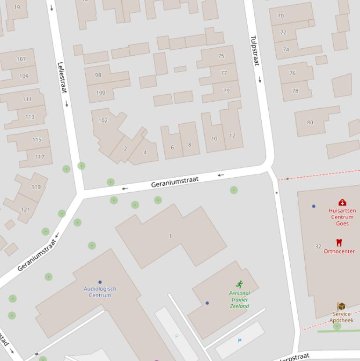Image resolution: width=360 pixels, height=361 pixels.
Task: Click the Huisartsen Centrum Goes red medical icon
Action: click(342, 203)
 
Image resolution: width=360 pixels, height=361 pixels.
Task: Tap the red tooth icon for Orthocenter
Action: click(339, 242)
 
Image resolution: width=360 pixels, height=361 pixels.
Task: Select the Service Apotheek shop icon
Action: click(341, 306)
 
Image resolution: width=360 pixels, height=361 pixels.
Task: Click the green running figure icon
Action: click(240, 284)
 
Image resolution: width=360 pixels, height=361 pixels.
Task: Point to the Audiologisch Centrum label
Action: click(100, 292)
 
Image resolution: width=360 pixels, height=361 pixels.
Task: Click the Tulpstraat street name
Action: click(255, 51)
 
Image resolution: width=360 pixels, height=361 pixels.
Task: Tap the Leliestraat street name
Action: click(61, 77)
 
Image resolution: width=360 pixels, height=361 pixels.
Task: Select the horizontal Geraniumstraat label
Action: click(175, 182)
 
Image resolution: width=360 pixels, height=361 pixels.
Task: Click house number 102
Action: click(103, 120)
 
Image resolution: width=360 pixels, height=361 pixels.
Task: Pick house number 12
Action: click(232, 135)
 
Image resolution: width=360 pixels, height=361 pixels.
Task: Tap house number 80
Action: click(310, 122)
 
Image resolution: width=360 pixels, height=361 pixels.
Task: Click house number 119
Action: click(36, 187)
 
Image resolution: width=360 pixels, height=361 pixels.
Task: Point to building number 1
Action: click(170, 236)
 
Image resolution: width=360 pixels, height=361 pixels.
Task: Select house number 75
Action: click(221, 56)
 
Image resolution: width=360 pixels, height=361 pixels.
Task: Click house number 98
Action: click(98, 75)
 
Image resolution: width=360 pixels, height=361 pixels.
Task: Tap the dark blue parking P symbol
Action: click(240, 341)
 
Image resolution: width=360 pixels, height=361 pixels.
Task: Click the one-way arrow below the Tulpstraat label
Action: click(260, 80)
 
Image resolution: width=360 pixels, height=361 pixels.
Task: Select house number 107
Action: click(21, 59)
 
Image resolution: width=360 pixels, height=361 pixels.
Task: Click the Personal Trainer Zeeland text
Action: click(239, 300)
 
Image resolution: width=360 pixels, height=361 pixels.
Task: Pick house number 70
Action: click(280, 15)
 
